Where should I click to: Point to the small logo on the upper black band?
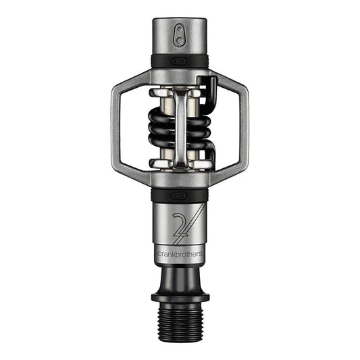179,61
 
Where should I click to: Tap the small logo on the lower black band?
179,195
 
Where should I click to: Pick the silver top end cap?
179,37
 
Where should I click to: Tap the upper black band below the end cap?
179,61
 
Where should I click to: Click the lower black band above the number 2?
179,195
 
